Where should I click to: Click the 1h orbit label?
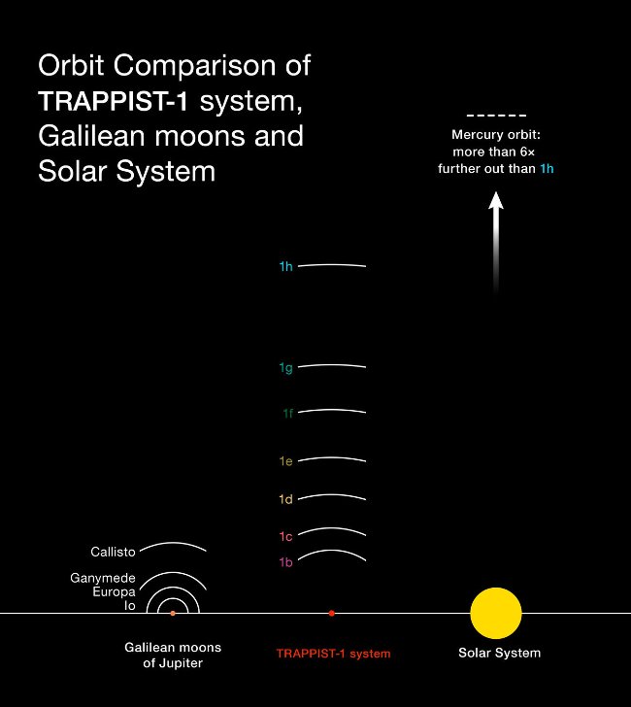285,266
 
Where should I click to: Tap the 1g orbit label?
285,368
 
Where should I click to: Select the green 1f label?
287,414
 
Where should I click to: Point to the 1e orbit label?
285,461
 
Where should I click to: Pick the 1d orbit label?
285,499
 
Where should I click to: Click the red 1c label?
285,536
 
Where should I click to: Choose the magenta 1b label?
285,562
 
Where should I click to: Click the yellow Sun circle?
496,613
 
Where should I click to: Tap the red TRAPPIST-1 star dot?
332,613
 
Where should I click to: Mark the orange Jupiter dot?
173,613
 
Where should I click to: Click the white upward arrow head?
496,201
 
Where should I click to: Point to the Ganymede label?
103,578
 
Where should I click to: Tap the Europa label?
114,591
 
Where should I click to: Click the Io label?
129,605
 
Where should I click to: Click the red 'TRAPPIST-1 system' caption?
333,654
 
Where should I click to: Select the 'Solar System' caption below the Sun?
499,653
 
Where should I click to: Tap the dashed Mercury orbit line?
496,116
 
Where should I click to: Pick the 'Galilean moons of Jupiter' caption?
173,655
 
